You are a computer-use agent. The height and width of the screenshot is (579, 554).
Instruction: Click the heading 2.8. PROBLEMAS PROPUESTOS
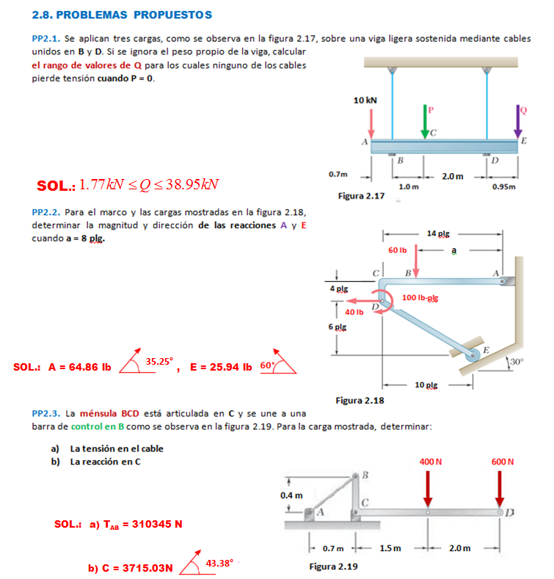pos(123,15)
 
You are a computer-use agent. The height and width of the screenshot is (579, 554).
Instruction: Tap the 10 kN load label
pos(365,99)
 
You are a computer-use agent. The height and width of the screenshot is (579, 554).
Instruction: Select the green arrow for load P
pos(424,121)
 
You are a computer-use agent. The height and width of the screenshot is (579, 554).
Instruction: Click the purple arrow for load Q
pos(518,121)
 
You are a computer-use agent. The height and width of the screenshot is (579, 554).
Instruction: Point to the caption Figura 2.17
pos(361,196)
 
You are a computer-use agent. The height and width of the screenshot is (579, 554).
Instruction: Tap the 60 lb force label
pos(398,250)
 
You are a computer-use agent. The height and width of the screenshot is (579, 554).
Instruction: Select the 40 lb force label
pos(354,312)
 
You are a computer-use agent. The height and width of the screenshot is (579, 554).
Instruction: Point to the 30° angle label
pos(518,362)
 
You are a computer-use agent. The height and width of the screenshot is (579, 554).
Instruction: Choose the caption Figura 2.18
pos(360,401)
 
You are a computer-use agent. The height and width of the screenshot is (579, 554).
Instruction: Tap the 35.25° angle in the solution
pos(159,361)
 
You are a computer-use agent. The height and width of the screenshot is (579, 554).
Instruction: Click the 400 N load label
pos(430,462)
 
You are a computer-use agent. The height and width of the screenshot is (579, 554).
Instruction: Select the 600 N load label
pos(503,462)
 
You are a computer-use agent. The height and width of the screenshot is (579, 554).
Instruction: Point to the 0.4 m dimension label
pos(291,495)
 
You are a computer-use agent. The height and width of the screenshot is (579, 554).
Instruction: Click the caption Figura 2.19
pos(333,567)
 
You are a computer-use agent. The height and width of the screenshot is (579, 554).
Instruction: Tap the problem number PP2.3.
pos(46,414)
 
